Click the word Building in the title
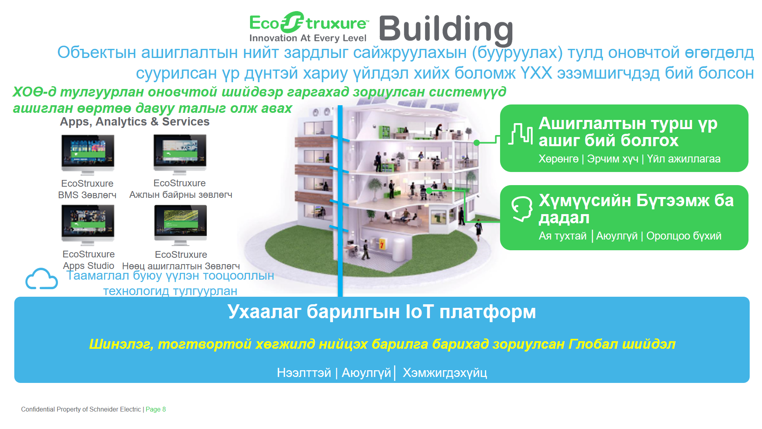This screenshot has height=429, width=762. coord(446,29)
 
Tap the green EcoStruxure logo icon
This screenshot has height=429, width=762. coord(292,22)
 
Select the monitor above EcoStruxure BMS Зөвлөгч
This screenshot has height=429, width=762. coord(88,155)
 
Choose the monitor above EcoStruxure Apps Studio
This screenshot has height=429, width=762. coord(88,225)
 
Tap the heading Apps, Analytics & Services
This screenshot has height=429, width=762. coord(135,122)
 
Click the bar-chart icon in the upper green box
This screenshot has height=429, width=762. coord(520,134)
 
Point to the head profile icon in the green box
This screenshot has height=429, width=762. coord(521,209)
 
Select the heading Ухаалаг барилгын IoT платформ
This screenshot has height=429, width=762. coord(382,312)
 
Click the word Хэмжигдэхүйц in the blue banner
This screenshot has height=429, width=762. coord(445,373)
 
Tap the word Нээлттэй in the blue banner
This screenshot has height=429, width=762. coord(304,373)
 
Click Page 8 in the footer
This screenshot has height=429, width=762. coord(156,410)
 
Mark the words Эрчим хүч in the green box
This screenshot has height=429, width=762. coord(613,159)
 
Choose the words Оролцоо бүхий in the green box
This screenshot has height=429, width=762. coord(684,236)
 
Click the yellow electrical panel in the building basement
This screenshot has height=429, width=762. coord(382,243)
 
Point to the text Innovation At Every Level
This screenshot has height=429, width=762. coord(308,38)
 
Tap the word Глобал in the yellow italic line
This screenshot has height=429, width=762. coord(594,344)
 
